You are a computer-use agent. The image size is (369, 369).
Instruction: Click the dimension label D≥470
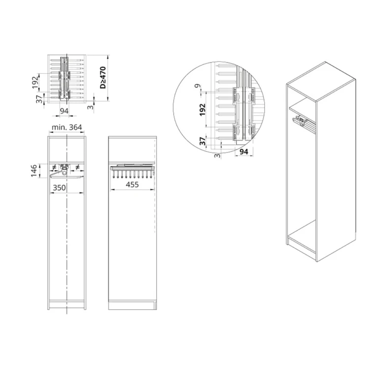click(x=103, y=78)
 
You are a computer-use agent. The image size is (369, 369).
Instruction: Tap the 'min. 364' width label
click(x=67, y=128)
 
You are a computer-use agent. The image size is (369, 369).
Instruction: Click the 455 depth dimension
click(x=131, y=185)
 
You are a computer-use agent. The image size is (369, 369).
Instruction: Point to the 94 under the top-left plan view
click(x=63, y=112)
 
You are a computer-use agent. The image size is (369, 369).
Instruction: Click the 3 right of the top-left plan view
click(x=90, y=106)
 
